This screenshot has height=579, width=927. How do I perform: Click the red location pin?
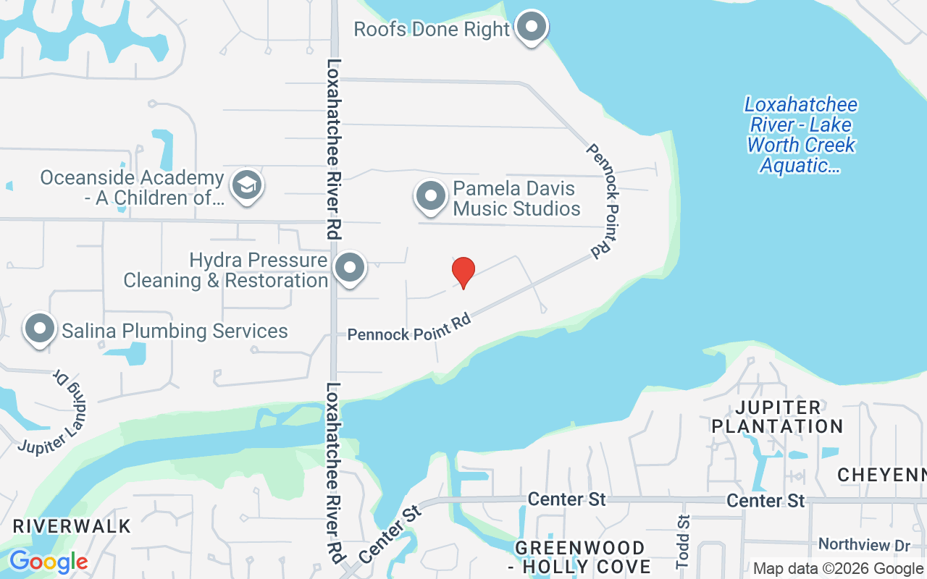point(463,272)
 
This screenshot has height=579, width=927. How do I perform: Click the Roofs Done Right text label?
point(432,30)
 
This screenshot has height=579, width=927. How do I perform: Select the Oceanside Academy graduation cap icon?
point(246,185)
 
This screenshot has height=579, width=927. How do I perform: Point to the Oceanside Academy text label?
point(132,187)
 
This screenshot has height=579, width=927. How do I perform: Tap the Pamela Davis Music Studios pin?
point(432,197)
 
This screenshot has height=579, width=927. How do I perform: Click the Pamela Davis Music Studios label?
point(516,199)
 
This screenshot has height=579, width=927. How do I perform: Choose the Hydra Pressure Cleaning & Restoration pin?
point(350,268)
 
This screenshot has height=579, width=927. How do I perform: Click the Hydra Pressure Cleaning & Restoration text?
point(226,270)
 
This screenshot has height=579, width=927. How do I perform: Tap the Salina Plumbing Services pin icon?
point(41,329)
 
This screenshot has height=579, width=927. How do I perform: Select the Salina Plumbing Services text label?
point(175,331)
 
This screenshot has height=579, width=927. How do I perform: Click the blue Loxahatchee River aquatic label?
point(800,135)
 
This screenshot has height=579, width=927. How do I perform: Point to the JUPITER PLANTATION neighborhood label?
point(778,417)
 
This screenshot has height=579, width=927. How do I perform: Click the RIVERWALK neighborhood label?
point(72,526)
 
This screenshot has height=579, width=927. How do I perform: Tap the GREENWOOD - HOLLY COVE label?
point(579,557)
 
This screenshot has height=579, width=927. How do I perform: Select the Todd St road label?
point(683,541)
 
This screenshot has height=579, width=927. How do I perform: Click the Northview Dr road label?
point(863,544)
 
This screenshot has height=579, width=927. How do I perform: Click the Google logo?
point(48,562)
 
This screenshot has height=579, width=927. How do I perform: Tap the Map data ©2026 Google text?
point(839,569)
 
